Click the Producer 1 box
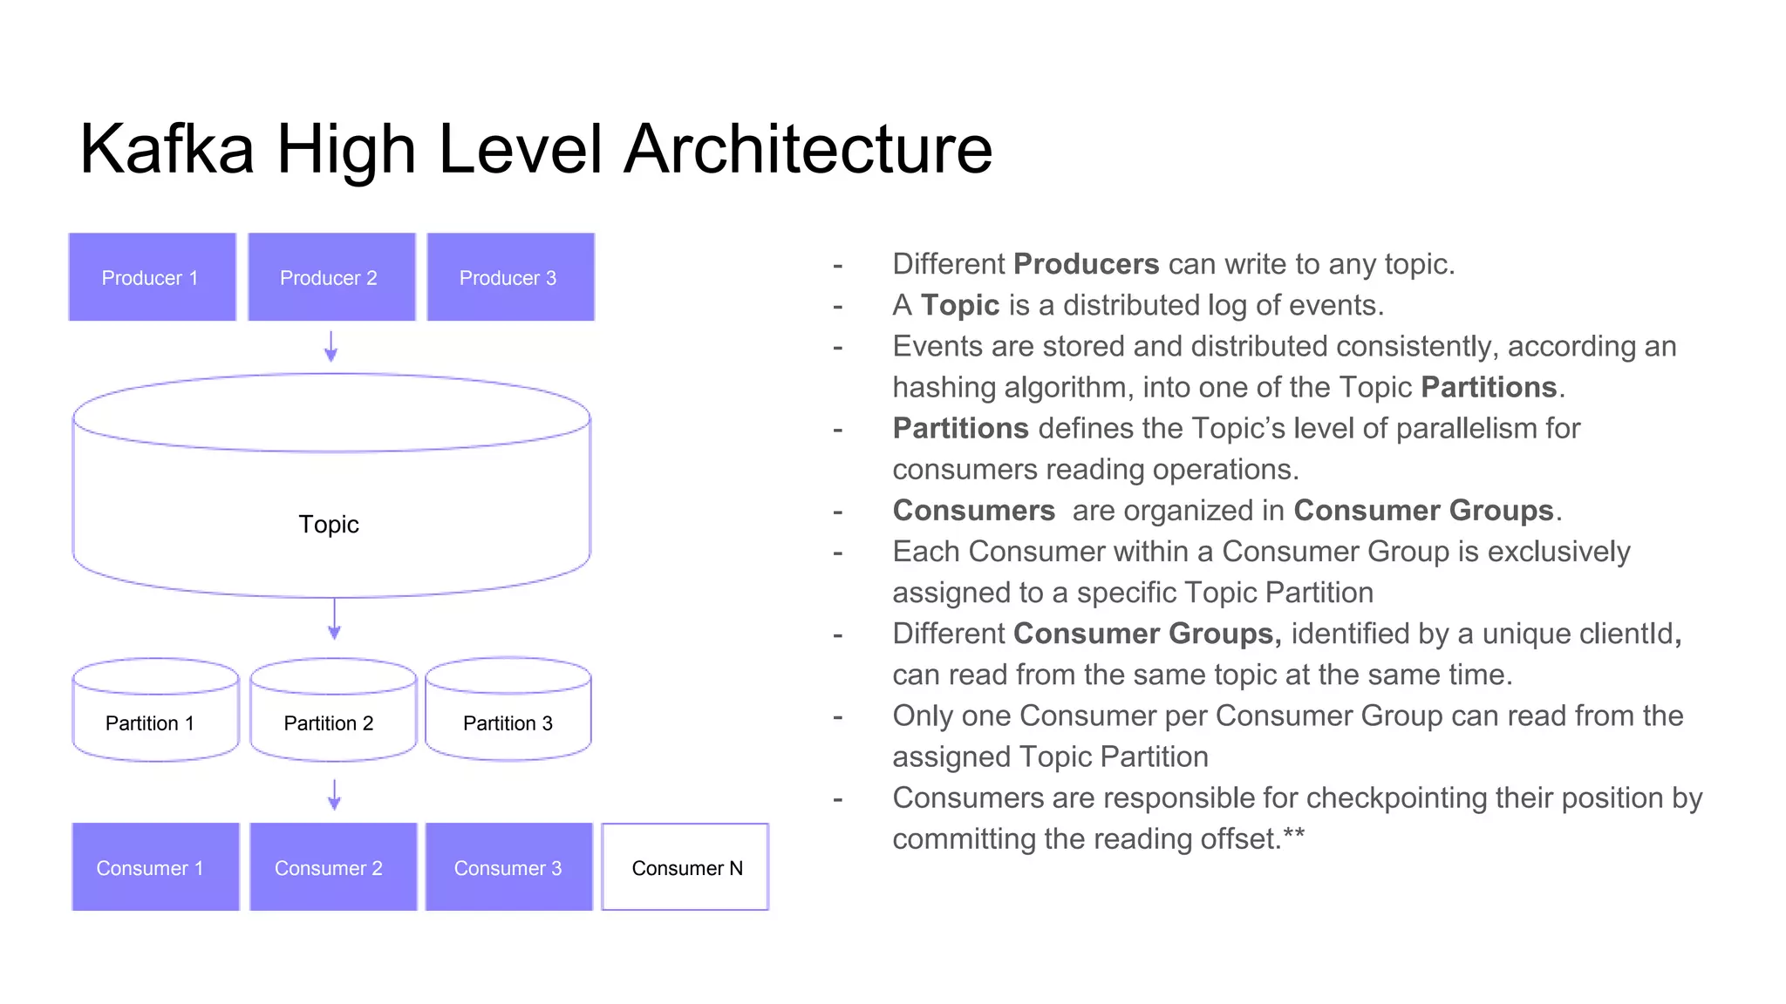pyautogui.click(x=152, y=277)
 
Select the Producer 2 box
pyautogui.click(x=331, y=277)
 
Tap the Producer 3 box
pyautogui.click(x=510, y=277)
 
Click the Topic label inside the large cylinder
pyautogui.click(x=329, y=524)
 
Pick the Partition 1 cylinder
pyautogui.click(x=155, y=713)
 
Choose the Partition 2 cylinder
pyautogui.click(x=333, y=713)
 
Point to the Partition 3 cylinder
pyautogui.click(x=508, y=713)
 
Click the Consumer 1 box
pyautogui.click(x=155, y=867)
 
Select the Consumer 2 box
pyautogui.click(x=333, y=867)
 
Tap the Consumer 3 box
pyautogui.click(x=508, y=867)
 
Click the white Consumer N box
pyautogui.click(x=685, y=867)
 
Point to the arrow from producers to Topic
pyautogui.click(x=331, y=347)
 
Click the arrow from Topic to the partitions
pyautogui.click(x=334, y=620)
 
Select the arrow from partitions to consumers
pyautogui.click(x=334, y=794)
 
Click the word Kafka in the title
pyautogui.click(x=167, y=149)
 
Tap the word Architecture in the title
pyautogui.click(x=808, y=149)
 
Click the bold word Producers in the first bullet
pyautogui.click(x=1086, y=264)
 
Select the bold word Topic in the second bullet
pyautogui.click(x=960, y=305)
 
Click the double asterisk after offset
pyautogui.click(x=1294, y=834)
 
